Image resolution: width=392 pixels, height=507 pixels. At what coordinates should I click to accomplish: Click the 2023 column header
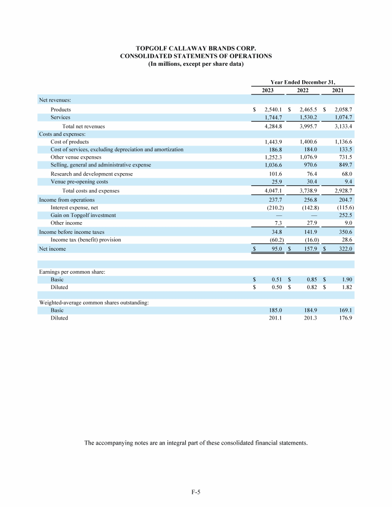(x=268, y=90)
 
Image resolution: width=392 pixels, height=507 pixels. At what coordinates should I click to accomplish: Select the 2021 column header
(x=337, y=90)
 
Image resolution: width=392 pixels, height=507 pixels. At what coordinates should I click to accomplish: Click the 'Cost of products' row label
(x=69, y=141)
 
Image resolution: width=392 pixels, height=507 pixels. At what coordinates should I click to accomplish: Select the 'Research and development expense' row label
(x=91, y=174)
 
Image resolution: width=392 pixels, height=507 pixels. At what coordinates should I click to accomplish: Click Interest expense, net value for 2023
(x=275, y=208)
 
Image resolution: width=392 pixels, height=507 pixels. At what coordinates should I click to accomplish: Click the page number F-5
(x=195, y=492)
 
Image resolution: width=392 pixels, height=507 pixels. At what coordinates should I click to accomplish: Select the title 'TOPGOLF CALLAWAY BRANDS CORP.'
(x=195, y=48)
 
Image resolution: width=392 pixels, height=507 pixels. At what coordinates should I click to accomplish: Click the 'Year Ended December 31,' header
(x=303, y=81)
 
